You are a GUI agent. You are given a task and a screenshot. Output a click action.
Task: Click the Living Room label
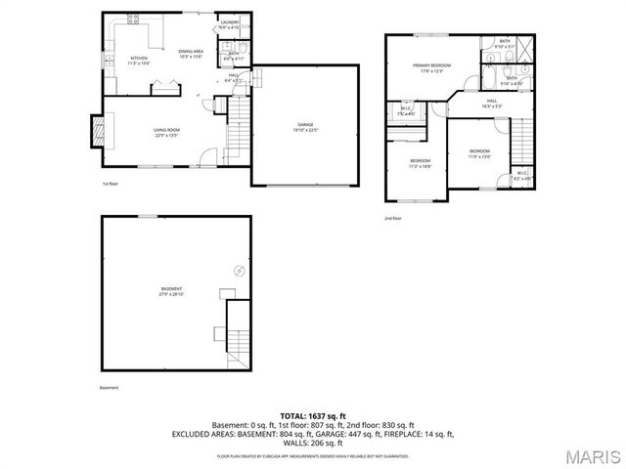click(166, 132)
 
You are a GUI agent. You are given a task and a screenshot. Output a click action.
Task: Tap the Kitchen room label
click(140, 60)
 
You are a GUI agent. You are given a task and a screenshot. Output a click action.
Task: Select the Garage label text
click(306, 126)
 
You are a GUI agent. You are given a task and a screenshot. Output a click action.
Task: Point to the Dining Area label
click(190, 53)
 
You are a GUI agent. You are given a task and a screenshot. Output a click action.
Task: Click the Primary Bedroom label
click(430, 68)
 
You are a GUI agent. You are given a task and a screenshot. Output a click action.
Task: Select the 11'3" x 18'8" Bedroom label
click(420, 162)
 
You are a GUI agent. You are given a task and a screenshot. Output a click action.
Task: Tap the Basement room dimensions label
click(171, 292)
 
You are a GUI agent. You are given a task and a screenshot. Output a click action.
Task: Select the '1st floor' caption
click(111, 183)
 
